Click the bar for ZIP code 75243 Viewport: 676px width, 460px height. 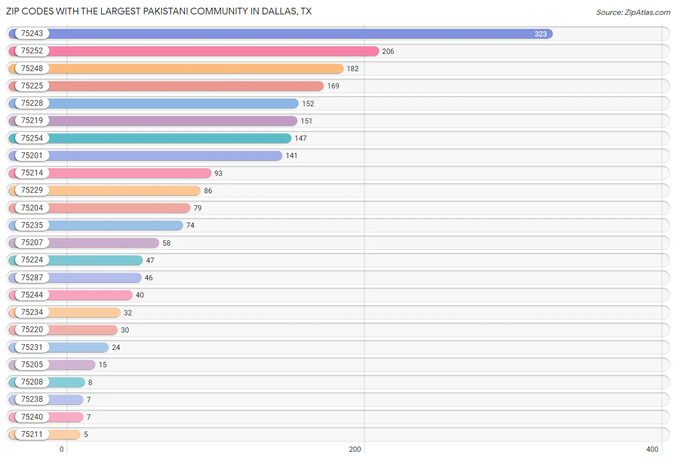click(x=288, y=34)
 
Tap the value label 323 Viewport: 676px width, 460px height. click(x=540, y=34)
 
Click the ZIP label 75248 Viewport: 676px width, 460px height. click(x=32, y=68)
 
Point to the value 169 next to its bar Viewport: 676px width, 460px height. click(x=333, y=86)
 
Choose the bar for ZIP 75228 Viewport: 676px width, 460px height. click(x=173, y=103)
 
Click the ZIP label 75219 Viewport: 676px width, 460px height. click(x=32, y=121)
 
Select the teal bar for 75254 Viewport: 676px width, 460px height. click(x=168, y=138)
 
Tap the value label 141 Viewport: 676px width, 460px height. click(x=291, y=156)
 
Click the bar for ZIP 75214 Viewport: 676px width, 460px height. click(x=130, y=173)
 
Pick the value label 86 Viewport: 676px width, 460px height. click(x=208, y=191)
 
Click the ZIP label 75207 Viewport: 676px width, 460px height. click(x=32, y=243)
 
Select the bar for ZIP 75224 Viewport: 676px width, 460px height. click(x=96, y=260)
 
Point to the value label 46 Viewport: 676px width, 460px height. click(x=149, y=278)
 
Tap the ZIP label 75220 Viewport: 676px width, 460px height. click(x=32, y=330)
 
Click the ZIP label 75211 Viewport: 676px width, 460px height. click(x=32, y=434)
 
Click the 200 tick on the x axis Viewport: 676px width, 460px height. click(x=355, y=449)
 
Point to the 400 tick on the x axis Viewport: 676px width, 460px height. click(x=652, y=449)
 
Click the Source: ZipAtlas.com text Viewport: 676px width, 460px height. click(x=633, y=12)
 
